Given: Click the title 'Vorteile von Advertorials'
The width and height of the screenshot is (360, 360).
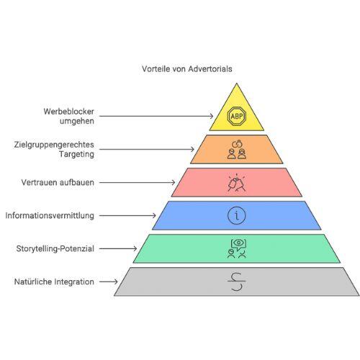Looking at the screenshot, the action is pyautogui.click(x=187, y=69).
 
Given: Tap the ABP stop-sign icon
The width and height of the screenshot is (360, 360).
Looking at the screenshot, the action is pyautogui.click(x=237, y=117).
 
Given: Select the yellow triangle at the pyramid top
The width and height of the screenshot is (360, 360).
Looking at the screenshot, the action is pyautogui.click(x=237, y=113).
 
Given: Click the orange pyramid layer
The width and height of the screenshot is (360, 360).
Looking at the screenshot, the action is pyautogui.click(x=237, y=149).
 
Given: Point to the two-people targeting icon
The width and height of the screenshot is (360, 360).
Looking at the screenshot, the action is pyautogui.click(x=237, y=150).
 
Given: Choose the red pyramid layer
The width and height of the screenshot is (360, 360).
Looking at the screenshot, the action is pyautogui.click(x=237, y=182).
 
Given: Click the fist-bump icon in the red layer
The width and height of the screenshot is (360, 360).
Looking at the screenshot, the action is pyautogui.click(x=237, y=183).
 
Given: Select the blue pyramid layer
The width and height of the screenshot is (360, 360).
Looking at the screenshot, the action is pyautogui.click(x=237, y=215).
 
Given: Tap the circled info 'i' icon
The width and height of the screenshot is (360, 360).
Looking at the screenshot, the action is pyautogui.click(x=237, y=215).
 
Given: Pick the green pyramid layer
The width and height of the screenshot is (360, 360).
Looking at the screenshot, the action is pyautogui.click(x=237, y=248).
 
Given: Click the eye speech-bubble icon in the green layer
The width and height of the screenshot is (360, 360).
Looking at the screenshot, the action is pyautogui.click(x=237, y=248).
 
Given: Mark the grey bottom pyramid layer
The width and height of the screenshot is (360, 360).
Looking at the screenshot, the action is pyautogui.click(x=237, y=282).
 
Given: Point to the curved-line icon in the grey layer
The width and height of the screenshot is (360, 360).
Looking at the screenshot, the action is pyautogui.click(x=237, y=281).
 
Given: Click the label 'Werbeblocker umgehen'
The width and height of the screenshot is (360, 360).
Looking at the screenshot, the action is pyautogui.click(x=69, y=116).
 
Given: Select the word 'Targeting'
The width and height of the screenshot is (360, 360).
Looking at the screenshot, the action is pyautogui.click(x=76, y=154).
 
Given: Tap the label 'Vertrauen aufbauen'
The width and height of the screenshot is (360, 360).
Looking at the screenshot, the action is pyautogui.click(x=58, y=182).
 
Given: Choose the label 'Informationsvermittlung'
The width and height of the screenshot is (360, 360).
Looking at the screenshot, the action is pyautogui.click(x=50, y=215).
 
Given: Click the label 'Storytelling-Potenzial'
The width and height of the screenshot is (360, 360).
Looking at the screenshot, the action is pyautogui.click(x=55, y=248).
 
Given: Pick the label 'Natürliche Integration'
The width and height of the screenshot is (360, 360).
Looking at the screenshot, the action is pyautogui.click(x=54, y=282).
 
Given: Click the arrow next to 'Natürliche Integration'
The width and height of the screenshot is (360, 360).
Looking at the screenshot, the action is pyautogui.click(x=109, y=282).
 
